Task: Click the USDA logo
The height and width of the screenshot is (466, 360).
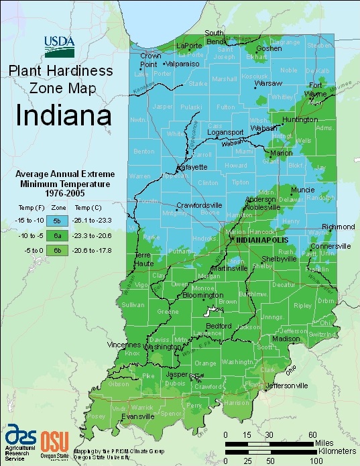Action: coord(61,44)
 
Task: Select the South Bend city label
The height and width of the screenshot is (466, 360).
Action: coord(215,37)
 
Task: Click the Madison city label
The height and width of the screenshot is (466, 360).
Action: coord(286,339)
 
